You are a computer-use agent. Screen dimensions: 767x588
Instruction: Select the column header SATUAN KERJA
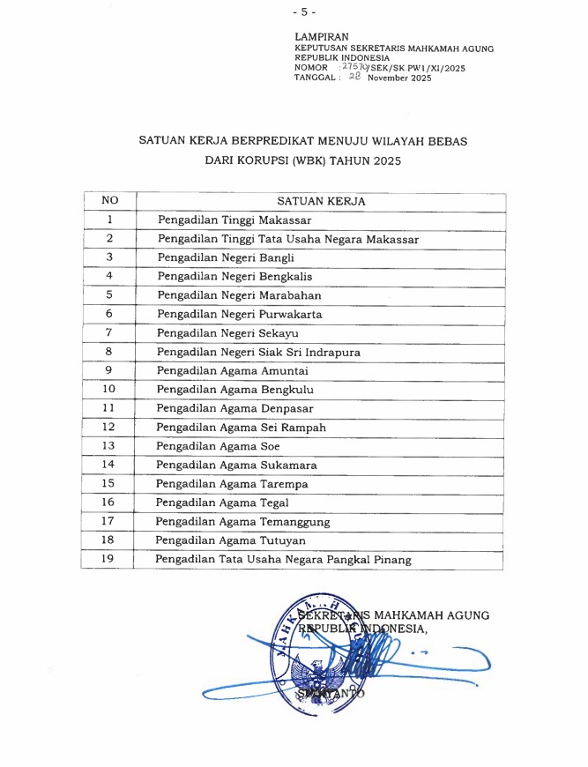(x=321, y=201)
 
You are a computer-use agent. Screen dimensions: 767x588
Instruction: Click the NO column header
(x=109, y=201)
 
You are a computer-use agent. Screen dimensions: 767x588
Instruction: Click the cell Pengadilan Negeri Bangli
(x=225, y=257)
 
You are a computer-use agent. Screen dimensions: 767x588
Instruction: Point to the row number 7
(x=109, y=332)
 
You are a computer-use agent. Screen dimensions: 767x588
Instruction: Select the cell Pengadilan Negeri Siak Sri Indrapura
(x=258, y=352)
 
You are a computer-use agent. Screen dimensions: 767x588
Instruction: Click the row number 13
(x=109, y=445)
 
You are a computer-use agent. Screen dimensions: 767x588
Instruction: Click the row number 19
(x=109, y=558)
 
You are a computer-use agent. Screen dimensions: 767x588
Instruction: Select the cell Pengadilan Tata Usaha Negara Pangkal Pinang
(x=282, y=559)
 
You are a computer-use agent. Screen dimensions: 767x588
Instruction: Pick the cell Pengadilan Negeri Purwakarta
(x=239, y=314)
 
